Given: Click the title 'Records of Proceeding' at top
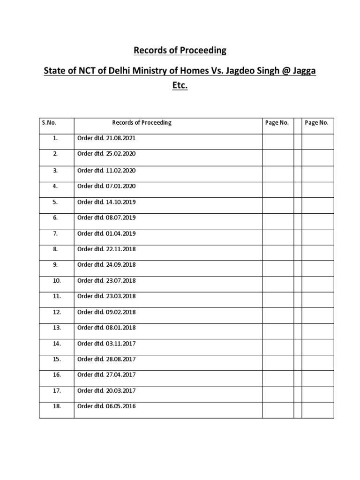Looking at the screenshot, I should (x=180, y=50).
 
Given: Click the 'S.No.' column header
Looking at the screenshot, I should (x=49, y=123).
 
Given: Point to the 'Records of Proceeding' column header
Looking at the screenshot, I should (x=142, y=123).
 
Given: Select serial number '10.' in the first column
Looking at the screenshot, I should (x=57, y=280).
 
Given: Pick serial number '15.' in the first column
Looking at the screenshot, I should (x=57, y=359).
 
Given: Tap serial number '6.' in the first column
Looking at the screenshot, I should (x=55, y=217).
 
